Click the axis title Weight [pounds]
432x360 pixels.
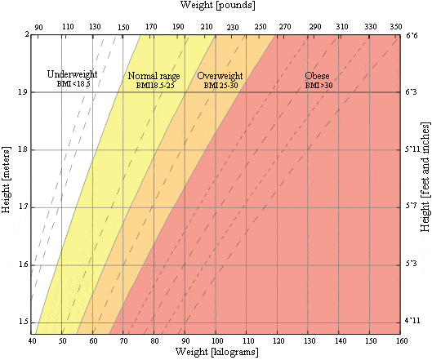(x=216, y=7)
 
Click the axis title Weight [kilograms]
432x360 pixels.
(x=216, y=352)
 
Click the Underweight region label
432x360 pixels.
(x=73, y=73)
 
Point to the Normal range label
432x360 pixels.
(x=154, y=76)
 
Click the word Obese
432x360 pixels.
(x=317, y=76)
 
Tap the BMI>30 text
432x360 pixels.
(x=318, y=86)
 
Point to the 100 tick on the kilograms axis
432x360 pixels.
(x=216, y=340)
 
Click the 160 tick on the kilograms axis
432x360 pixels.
(x=400, y=340)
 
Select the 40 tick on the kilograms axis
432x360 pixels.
(x=33, y=340)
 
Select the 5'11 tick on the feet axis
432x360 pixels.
(x=412, y=150)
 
